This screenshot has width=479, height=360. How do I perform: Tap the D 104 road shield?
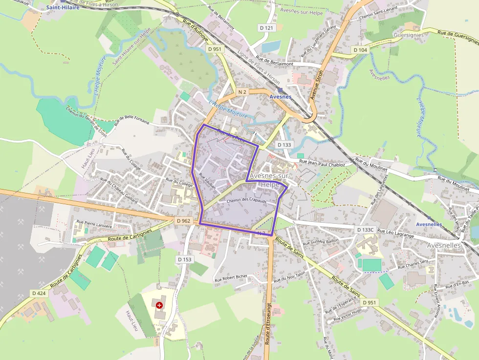coord(360,50)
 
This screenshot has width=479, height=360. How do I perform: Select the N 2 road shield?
coord(242,92)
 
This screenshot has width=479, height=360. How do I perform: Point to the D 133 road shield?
coord(284,145)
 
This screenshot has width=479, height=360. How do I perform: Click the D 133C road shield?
coord(365,229)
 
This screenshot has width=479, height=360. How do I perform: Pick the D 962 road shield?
coord(183,221)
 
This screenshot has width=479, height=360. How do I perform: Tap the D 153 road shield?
coord(185,259)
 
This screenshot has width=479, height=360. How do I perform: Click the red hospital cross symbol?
coord(159,305)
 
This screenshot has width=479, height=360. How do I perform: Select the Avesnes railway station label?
coord(281,97)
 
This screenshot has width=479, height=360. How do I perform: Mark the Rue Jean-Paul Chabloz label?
coord(322,164)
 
